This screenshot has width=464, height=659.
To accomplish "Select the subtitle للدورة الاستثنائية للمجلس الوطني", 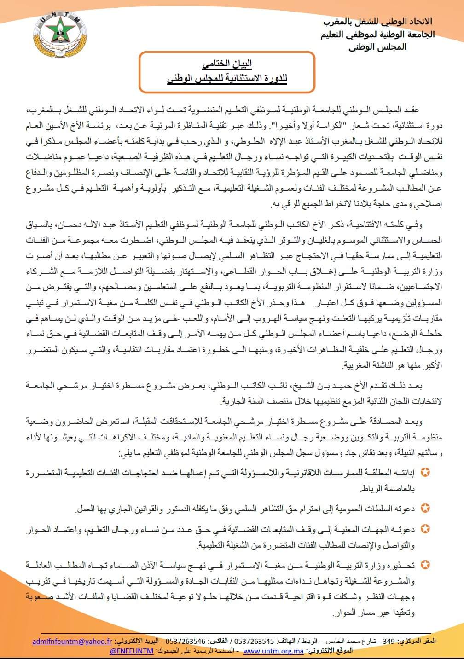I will pos(227,78).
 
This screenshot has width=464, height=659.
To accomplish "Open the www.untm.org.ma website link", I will pos(273,651).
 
